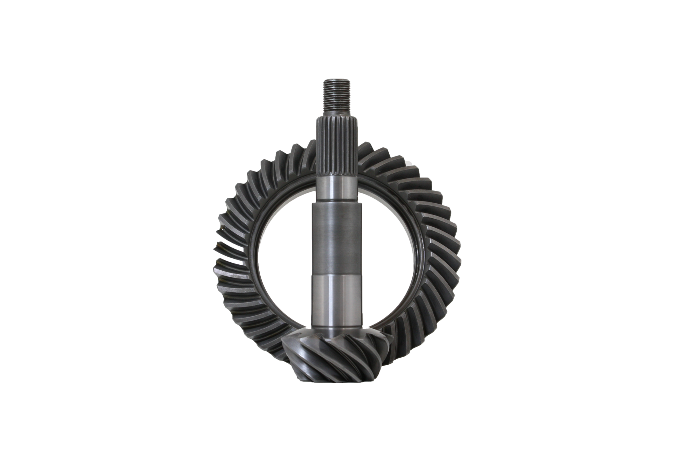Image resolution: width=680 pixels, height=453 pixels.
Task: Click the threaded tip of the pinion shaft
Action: (335, 98)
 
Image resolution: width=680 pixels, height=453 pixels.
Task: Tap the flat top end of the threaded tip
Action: (335, 80)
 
